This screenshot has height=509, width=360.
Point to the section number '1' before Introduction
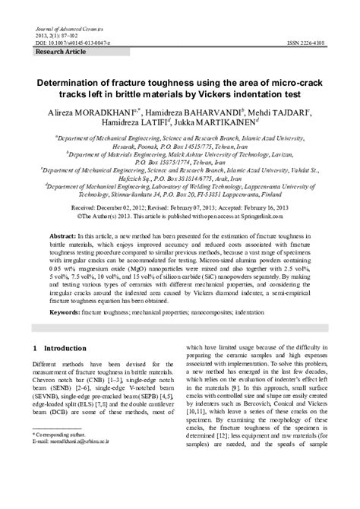(36, 348)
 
